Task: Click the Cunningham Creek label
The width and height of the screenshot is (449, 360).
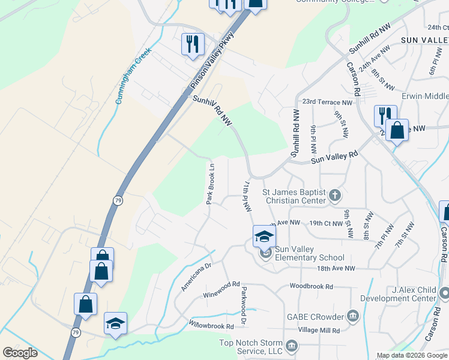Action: pos(127,77)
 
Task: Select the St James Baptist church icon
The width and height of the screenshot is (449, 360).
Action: pos(335,195)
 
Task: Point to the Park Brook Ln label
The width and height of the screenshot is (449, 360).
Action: pos(211,182)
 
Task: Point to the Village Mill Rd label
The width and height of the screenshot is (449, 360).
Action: pos(319,331)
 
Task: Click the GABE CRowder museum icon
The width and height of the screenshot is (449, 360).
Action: pos(353,316)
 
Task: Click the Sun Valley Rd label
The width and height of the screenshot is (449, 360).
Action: pos(334,157)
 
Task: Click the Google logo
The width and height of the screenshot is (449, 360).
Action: pos(20,353)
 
